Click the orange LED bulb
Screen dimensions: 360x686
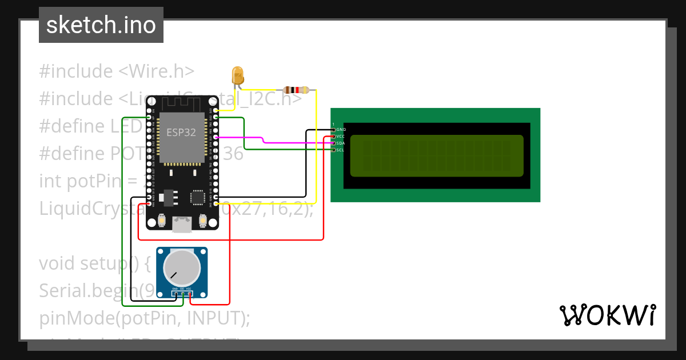pyautogui.click(x=237, y=75)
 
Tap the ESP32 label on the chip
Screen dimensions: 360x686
pyautogui.click(x=182, y=132)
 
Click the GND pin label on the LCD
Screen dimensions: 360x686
pyautogui.click(x=341, y=130)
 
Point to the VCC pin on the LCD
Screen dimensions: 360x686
pyautogui.click(x=341, y=137)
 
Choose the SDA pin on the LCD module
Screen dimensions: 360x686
pyautogui.click(x=341, y=143)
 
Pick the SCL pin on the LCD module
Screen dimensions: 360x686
pyautogui.click(x=341, y=150)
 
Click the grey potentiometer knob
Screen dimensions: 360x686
pyautogui.click(x=182, y=268)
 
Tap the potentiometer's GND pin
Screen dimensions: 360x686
pyautogui.click(x=175, y=293)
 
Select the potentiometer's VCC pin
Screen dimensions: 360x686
pyautogui.click(x=189, y=293)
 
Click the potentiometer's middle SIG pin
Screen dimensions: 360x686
pyautogui.click(x=182, y=293)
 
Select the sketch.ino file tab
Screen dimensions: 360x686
pyautogui.click(x=101, y=25)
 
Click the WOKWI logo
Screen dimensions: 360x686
pyautogui.click(x=607, y=315)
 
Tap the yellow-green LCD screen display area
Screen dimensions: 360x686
pyautogui.click(x=436, y=155)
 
